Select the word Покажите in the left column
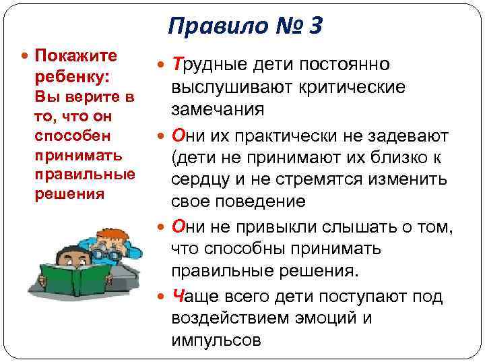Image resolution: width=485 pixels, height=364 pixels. tap(75, 55)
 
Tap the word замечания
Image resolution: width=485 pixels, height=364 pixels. tap(218, 110)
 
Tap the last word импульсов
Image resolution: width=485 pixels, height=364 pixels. tap(216, 340)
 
